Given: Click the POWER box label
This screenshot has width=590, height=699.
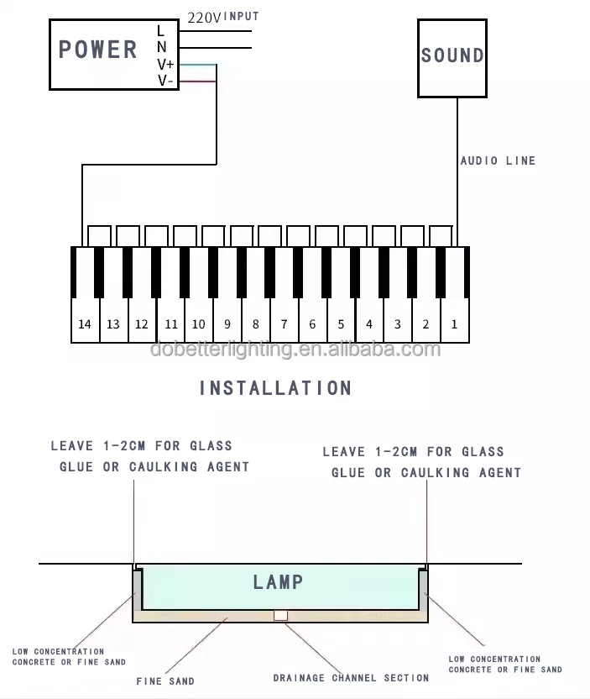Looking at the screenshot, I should (x=97, y=50).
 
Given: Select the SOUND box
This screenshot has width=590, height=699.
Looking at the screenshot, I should (x=452, y=56).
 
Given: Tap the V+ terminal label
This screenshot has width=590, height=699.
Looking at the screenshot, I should (x=165, y=65).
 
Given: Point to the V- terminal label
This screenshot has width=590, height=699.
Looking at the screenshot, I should (x=165, y=81).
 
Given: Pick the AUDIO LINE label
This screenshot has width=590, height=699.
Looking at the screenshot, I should (x=498, y=160).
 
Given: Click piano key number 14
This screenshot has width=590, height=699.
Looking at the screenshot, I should (x=84, y=324).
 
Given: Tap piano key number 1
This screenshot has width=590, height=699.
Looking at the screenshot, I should (x=454, y=324).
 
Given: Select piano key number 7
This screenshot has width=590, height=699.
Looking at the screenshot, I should (x=284, y=324).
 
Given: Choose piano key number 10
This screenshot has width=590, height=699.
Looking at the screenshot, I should (x=198, y=324).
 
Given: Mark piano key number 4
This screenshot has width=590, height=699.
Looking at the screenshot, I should (x=369, y=324).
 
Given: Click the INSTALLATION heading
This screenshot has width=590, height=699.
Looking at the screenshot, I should (x=275, y=388).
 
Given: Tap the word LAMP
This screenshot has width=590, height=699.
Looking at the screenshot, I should (x=278, y=581).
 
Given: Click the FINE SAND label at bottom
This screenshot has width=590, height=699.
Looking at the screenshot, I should (x=165, y=681).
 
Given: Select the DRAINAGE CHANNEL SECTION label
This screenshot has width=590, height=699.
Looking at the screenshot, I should (x=351, y=677).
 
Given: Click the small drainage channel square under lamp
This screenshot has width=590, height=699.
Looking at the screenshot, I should (x=280, y=615).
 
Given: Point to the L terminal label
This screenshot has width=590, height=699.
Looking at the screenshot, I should (x=161, y=31).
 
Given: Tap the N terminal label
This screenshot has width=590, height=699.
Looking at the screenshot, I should (x=161, y=48).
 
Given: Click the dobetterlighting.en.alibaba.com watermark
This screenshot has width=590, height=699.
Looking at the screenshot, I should (x=295, y=349).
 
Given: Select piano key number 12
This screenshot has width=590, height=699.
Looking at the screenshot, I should (x=141, y=324).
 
